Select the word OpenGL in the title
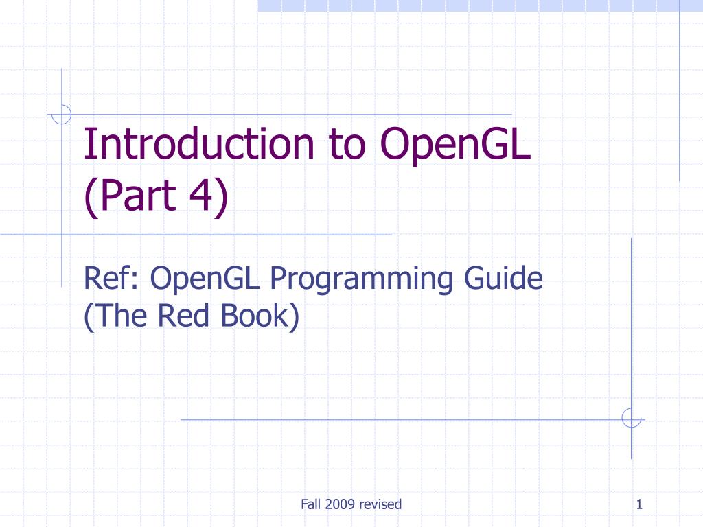pos(454,144)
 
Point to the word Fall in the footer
pos(310,505)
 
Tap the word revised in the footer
pos(380,505)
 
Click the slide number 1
pos(639,505)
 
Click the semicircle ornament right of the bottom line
pos(631,419)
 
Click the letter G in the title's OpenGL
pos(496,144)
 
